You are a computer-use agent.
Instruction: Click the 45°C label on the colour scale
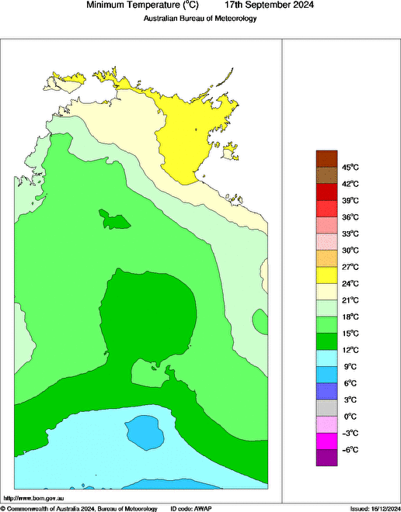point(350,168)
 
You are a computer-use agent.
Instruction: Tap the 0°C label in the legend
point(350,417)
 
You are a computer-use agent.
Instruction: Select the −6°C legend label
point(350,450)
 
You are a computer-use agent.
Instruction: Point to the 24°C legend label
point(350,283)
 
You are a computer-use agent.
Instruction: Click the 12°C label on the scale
point(350,350)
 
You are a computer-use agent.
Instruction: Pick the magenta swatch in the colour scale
point(326,441)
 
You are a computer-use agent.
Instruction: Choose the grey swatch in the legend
point(326,407)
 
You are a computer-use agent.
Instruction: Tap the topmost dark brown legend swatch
point(326,158)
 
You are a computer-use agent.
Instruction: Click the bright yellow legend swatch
point(326,275)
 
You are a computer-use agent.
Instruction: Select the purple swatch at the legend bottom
point(326,458)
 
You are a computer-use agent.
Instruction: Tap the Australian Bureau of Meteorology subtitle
point(200,19)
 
